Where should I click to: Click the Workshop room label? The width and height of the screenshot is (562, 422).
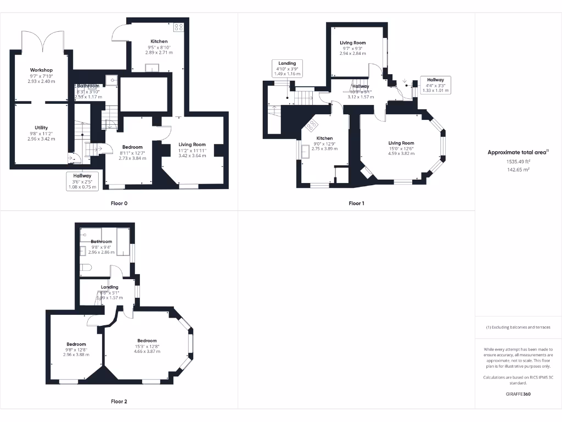pos(41,70)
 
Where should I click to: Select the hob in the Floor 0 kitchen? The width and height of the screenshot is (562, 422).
pos(178,26)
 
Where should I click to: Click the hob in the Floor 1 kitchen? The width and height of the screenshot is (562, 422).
pos(312,125)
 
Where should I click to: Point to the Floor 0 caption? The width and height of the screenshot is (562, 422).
pos(119,203)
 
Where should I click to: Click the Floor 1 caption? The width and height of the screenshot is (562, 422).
pos(357,203)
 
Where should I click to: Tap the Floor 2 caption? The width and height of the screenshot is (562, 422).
pos(119,402)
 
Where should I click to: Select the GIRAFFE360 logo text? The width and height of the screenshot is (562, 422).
pos(518,394)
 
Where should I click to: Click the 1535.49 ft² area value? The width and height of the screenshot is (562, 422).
pos(518,162)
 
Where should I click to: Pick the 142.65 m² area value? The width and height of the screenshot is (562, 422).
pos(518,170)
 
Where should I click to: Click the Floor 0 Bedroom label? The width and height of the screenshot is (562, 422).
pos(132,147)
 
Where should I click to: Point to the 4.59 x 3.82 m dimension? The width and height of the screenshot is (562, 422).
pos(401,154)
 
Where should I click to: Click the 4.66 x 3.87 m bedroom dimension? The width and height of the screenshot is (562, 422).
pos(147,351)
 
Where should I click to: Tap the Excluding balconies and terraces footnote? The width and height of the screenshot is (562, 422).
pos(518,327)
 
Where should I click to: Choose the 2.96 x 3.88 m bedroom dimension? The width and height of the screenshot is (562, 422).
pos(76,355)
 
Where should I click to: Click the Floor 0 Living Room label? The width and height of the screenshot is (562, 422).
pos(192,145)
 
